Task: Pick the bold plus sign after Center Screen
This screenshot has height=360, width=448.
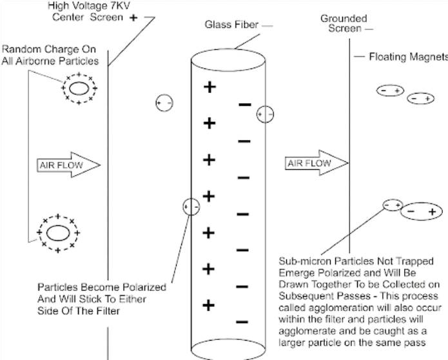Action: pyautogui.click(x=133, y=18)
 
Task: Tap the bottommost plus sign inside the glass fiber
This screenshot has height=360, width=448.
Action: pyautogui.click(x=209, y=305)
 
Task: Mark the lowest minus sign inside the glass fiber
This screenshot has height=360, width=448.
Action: pyautogui.click(x=243, y=321)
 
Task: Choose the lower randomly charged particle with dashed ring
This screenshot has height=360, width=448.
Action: pyautogui.click(x=57, y=232)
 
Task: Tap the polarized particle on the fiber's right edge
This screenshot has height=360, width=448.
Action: pyautogui.click(x=265, y=114)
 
